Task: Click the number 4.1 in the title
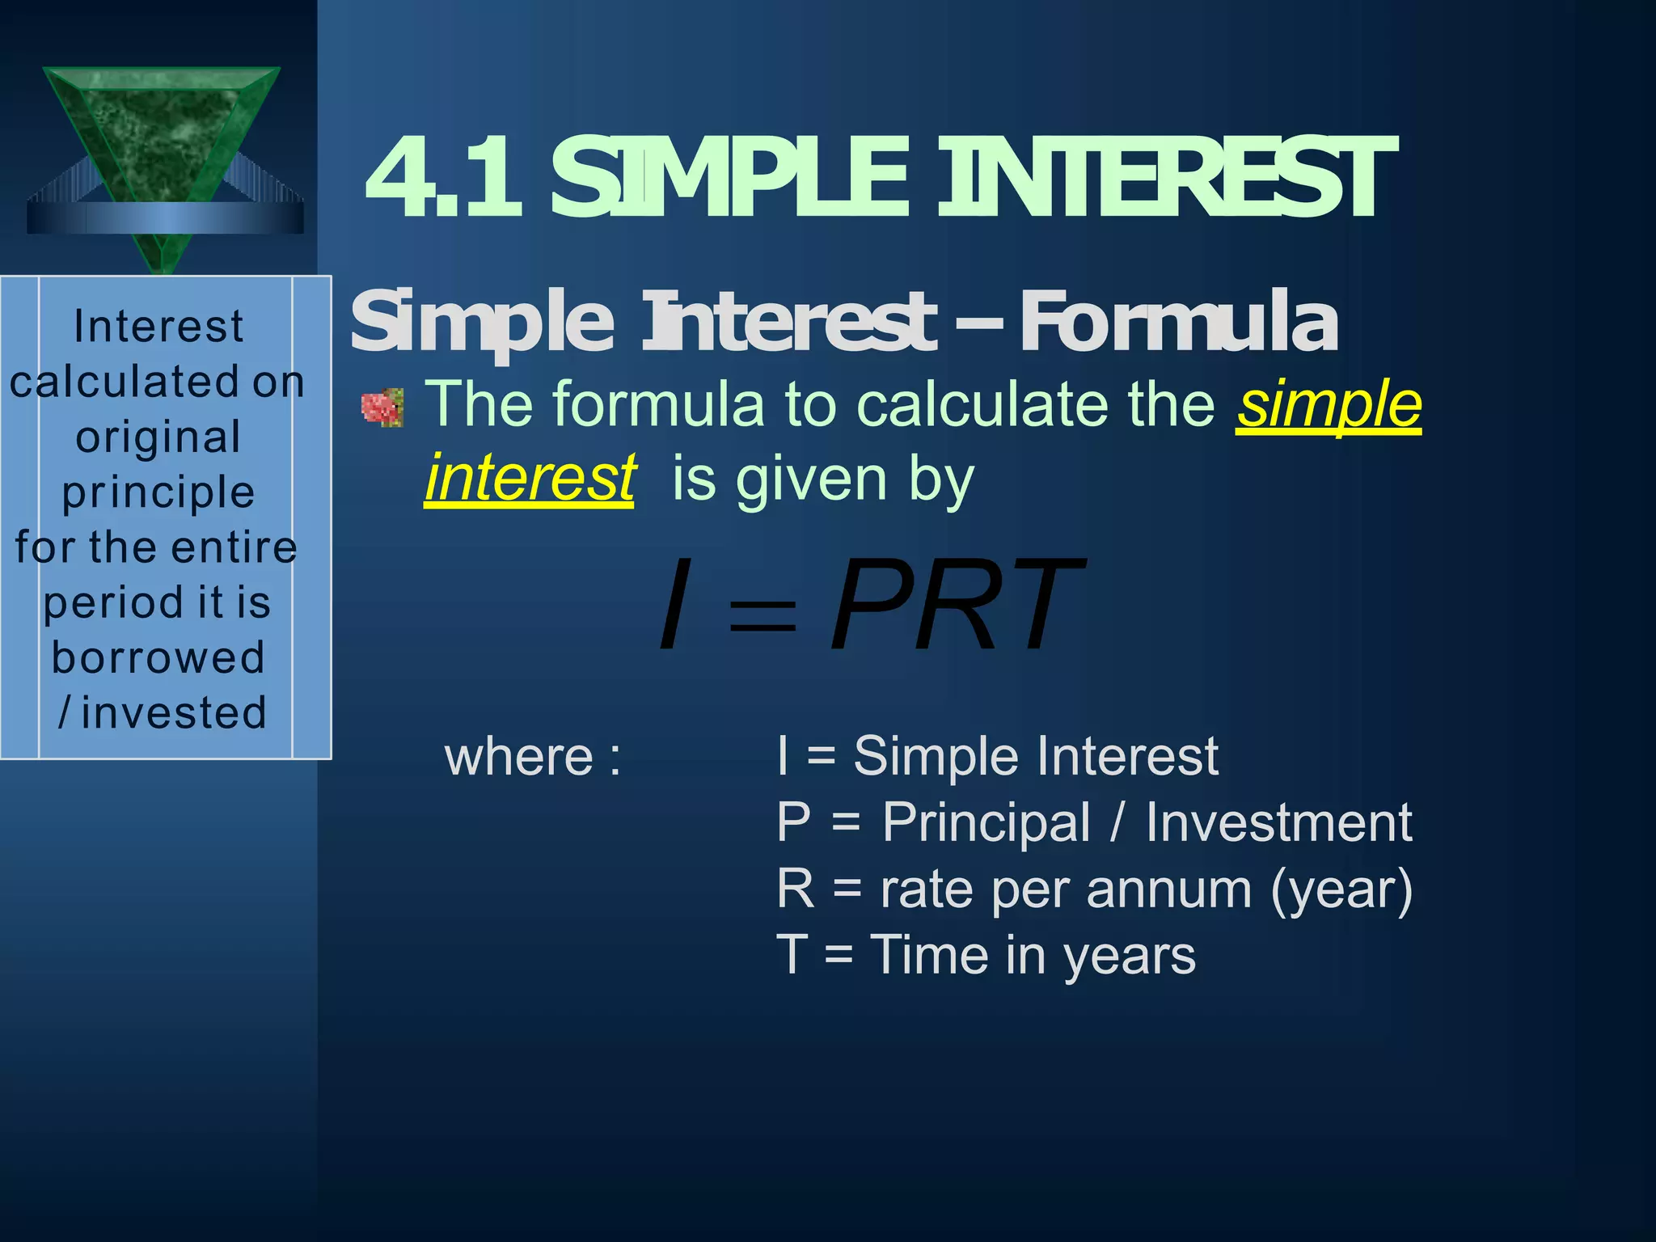point(443,180)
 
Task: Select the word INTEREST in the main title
point(1167,180)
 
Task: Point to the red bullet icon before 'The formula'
point(382,408)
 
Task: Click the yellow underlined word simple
point(1329,404)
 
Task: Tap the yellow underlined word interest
point(530,479)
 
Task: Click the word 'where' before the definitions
point(519,757)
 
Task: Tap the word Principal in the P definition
point(986,823)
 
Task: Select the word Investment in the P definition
point(1278,823)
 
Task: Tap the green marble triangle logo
point(162,137)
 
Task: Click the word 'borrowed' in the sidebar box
point(158,657)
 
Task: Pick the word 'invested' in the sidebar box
point(173,713)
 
